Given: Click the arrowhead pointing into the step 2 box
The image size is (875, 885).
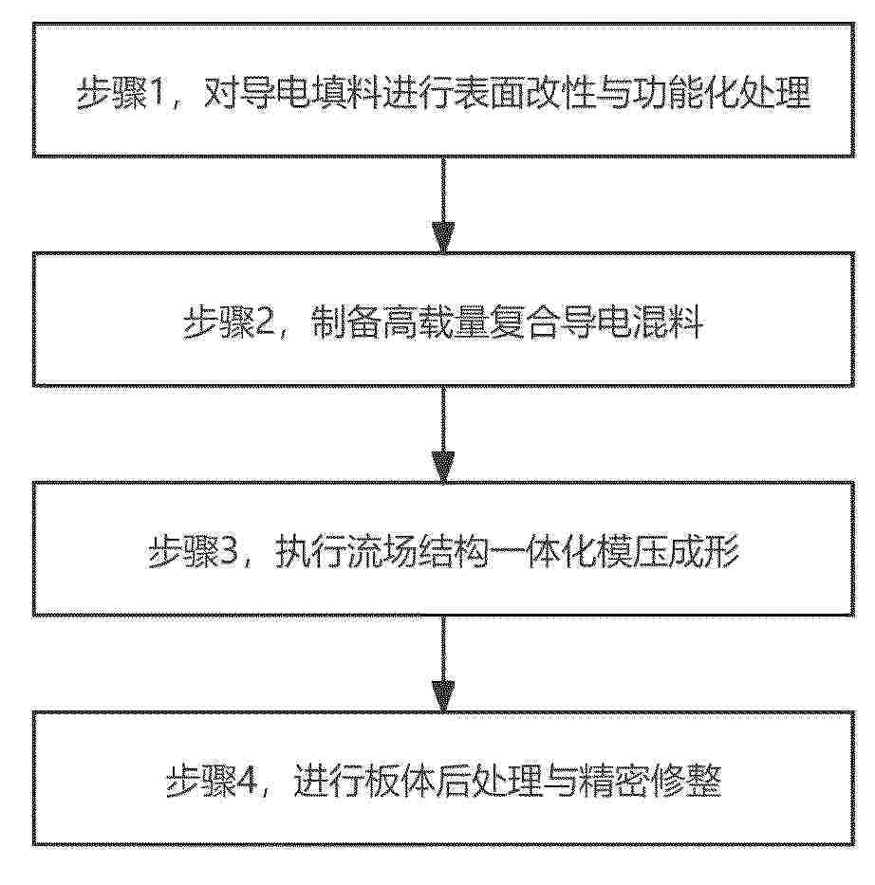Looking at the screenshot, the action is (x=443, y=237).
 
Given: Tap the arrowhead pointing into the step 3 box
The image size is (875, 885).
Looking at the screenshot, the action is (x=443, y=467).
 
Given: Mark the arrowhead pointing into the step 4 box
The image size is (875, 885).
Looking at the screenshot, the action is (x=443, y=696).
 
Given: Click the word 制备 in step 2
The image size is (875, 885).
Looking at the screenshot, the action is (x=346, y=323).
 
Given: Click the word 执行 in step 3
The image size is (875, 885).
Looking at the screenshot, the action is (x=310, y=551).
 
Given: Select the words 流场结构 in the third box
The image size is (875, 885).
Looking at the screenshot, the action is (x=418, y=551).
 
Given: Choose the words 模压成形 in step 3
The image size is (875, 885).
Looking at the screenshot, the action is (x=668, y=551).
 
